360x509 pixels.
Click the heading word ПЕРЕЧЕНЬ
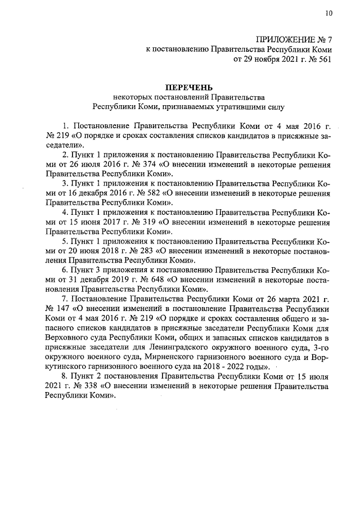[188, 87]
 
